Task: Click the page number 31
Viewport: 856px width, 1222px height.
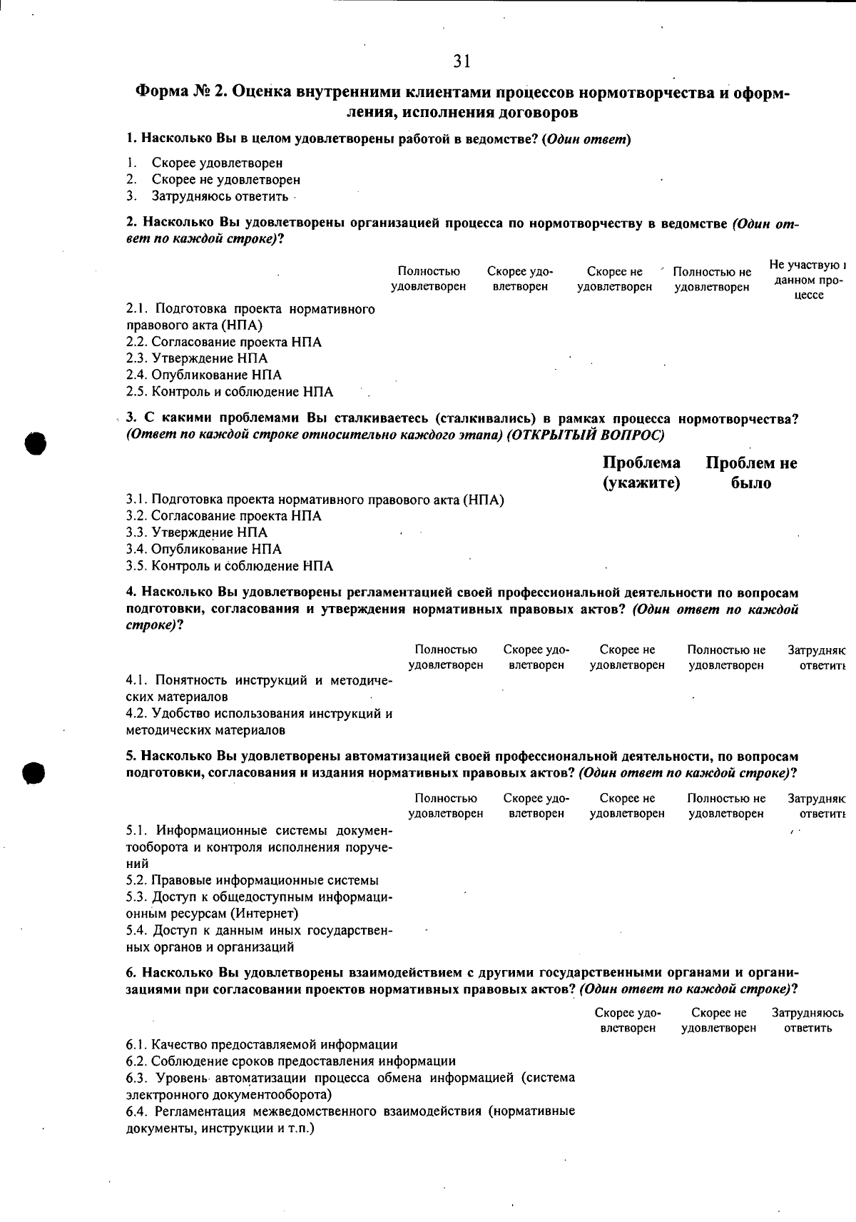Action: (x=462, y=61)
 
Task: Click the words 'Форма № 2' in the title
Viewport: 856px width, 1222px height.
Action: (x=180, y=93)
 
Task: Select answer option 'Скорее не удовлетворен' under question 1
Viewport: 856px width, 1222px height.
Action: (x=225, y=180)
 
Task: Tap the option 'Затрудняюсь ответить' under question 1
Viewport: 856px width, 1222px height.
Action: (x=220, y=196)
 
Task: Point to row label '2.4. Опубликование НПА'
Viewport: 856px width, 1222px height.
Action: (x=204, y=375)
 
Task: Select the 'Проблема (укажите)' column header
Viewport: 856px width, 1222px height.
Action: (x=641, y=473)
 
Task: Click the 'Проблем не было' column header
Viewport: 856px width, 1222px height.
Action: (x=751, y=473)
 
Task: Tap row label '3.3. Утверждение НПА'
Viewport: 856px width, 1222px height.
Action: (x=197, y=532)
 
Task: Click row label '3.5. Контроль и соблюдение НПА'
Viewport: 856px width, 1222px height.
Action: (x=230, y=566)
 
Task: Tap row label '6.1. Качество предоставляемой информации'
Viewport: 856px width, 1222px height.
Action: (x=262, y=1044)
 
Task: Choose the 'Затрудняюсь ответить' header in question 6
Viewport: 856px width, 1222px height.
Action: (x=807, y=1020)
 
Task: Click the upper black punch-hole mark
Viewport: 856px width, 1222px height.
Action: (x=34, y=443)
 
